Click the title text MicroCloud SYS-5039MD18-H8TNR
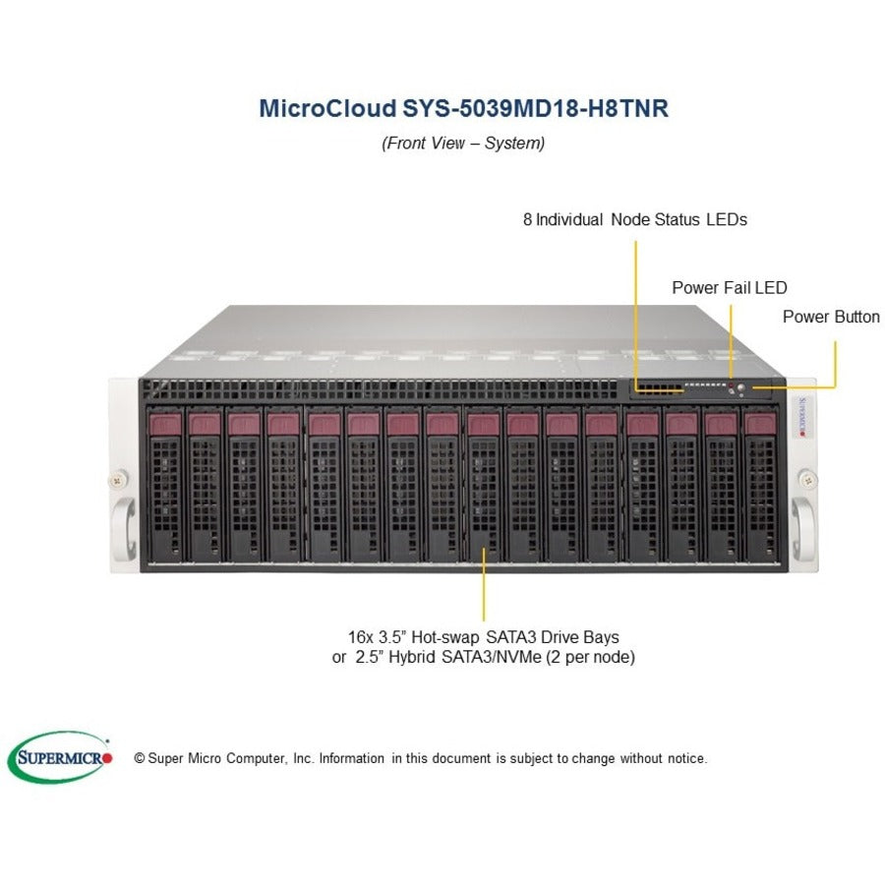click(x=463, y=108)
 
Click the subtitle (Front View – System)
click(x=463, y=143)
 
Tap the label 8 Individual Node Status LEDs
click(x=635, y=219)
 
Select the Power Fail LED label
click(x=730, y=288)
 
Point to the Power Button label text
click(x=831, y=317)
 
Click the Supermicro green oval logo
click(x=60, y=757)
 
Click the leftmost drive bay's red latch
click(x=165, y=424)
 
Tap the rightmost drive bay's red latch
click(x=760, y=424)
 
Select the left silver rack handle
click(x=124, y=528)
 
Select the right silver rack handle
click(x=802, y=528)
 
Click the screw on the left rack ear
click(x=117, y=480)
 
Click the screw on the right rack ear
click(x=808, y=480)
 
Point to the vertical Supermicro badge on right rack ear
click(x=802, y=417)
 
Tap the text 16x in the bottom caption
click(x=360, y=637)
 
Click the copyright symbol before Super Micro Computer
click(x=140, y=758)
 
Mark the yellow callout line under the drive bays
click(x=484, y=583)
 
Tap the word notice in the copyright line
click(x=687, y=758)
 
